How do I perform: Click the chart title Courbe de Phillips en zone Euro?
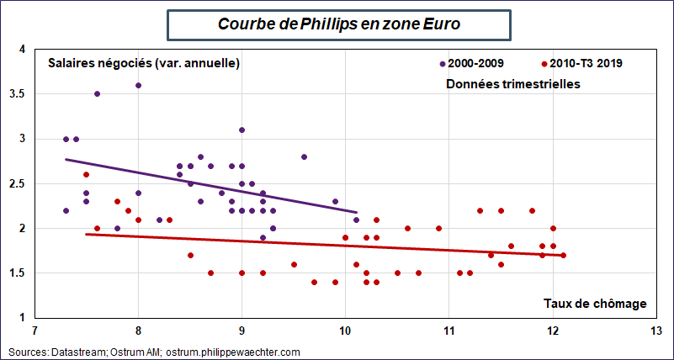click(x=339, y=24)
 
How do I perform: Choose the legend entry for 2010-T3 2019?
click(x=586, y=63)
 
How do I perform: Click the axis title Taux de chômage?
click(x=594, y=303)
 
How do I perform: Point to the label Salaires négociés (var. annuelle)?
click(x=144, y=63)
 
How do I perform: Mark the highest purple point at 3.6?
click(x=138, y=85)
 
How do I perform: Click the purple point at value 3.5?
click(x=97, y=94)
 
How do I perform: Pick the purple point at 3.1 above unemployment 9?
click(x=241, y=130)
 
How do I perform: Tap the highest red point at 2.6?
click(x=86, y=174)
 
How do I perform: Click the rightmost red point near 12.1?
click(x=563, y=255)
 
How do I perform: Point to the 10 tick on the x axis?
click(x=345, y=330)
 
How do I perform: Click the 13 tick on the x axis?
click(x=655, y=330)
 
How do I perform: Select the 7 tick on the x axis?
click(x=34, y=330)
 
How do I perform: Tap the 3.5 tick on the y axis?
click(x=18, y=94)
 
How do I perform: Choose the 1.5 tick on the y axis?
click(x=18, y=273)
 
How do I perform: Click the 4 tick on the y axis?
click(x=22, y=49)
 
